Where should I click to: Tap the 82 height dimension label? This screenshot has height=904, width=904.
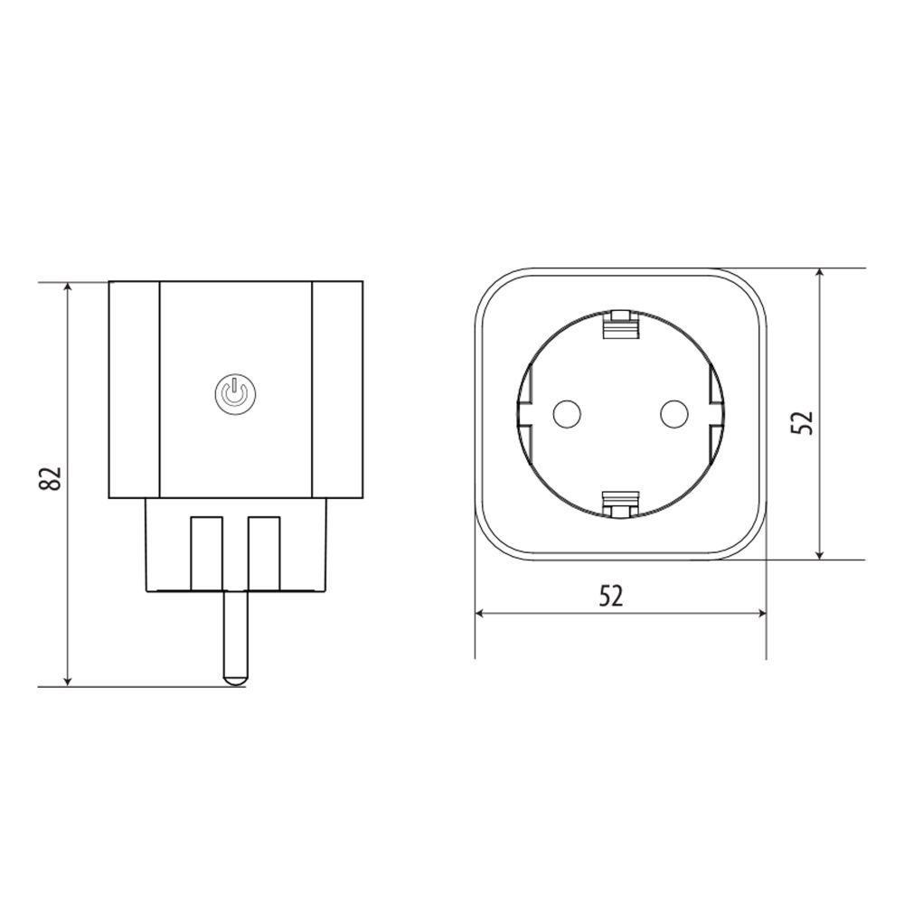(52, 479)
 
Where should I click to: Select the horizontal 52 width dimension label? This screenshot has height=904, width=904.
(611, 595)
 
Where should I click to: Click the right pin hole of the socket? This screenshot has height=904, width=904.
(674, 414)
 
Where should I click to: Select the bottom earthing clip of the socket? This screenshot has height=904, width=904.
(620, 504)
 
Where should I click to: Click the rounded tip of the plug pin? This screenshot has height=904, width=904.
(235, 676)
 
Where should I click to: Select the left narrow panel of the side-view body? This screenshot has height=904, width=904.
(134, 389)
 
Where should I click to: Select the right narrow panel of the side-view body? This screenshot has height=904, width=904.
(337, 389)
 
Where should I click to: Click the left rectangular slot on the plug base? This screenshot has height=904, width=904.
(206, 551)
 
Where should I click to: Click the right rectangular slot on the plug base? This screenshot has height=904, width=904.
(264, 551)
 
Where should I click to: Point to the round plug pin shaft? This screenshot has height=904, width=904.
(235, 633)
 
